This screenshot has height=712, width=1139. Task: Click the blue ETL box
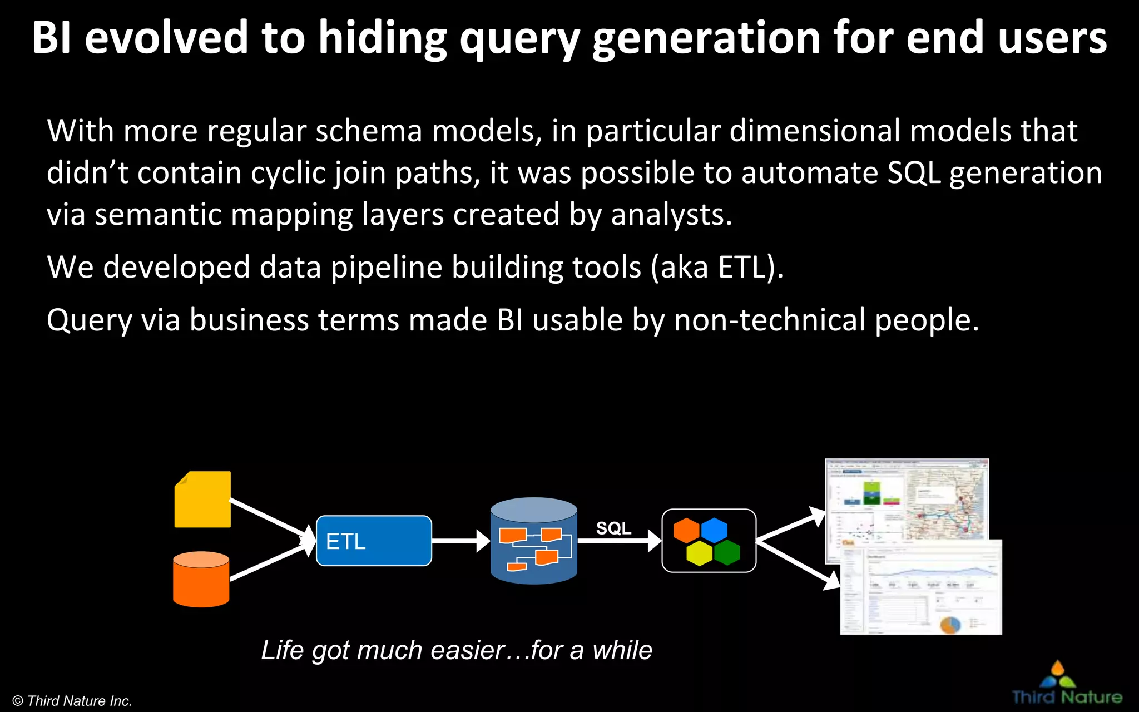coord(374,541)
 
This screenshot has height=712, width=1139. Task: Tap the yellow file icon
coord(202,500)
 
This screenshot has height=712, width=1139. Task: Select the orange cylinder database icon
coord(201,579)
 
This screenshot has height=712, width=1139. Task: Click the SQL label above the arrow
coord(613,528)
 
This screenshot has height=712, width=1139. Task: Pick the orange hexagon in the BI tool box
coord(686,530)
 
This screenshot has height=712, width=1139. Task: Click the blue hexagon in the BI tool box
coord(714,530)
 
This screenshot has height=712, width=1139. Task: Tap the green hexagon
coord(727,552)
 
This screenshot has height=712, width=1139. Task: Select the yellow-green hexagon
coord(700,553)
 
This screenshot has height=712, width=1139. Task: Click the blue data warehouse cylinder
coord(534,541)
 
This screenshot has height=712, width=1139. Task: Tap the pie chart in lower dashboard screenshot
coord(950,624)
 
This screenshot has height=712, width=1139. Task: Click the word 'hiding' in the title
coord(383,38)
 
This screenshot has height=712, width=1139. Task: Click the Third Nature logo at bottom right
coord(1066,684)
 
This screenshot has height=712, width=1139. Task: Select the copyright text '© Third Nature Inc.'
coord(72,701)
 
